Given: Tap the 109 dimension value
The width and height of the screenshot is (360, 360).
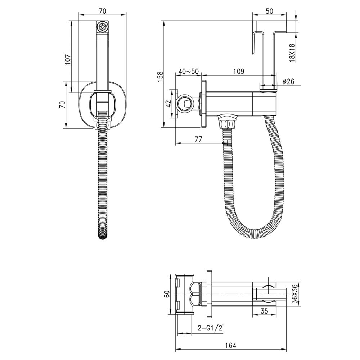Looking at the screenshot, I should [x=238, y=71].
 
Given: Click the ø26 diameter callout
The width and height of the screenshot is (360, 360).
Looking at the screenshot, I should [x=289, y=81].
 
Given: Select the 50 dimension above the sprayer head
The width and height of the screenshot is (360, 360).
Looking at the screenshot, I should [x=269, y=11].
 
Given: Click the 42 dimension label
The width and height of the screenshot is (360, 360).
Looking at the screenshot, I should [x=167, y=104].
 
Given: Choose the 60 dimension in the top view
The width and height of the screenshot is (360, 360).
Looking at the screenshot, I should [x=167, y=294].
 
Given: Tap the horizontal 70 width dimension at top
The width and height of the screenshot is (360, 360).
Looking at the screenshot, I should [x=103, y=11].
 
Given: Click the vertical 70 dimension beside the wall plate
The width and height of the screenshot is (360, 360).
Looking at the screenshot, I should [x=62, y=104].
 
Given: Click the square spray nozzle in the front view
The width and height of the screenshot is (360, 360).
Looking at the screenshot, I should [x=103, y=27].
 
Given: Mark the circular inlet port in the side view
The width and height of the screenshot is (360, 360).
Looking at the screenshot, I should [x=185, y=104].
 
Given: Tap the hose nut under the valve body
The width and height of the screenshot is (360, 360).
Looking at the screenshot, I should [x=227, y=122].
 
